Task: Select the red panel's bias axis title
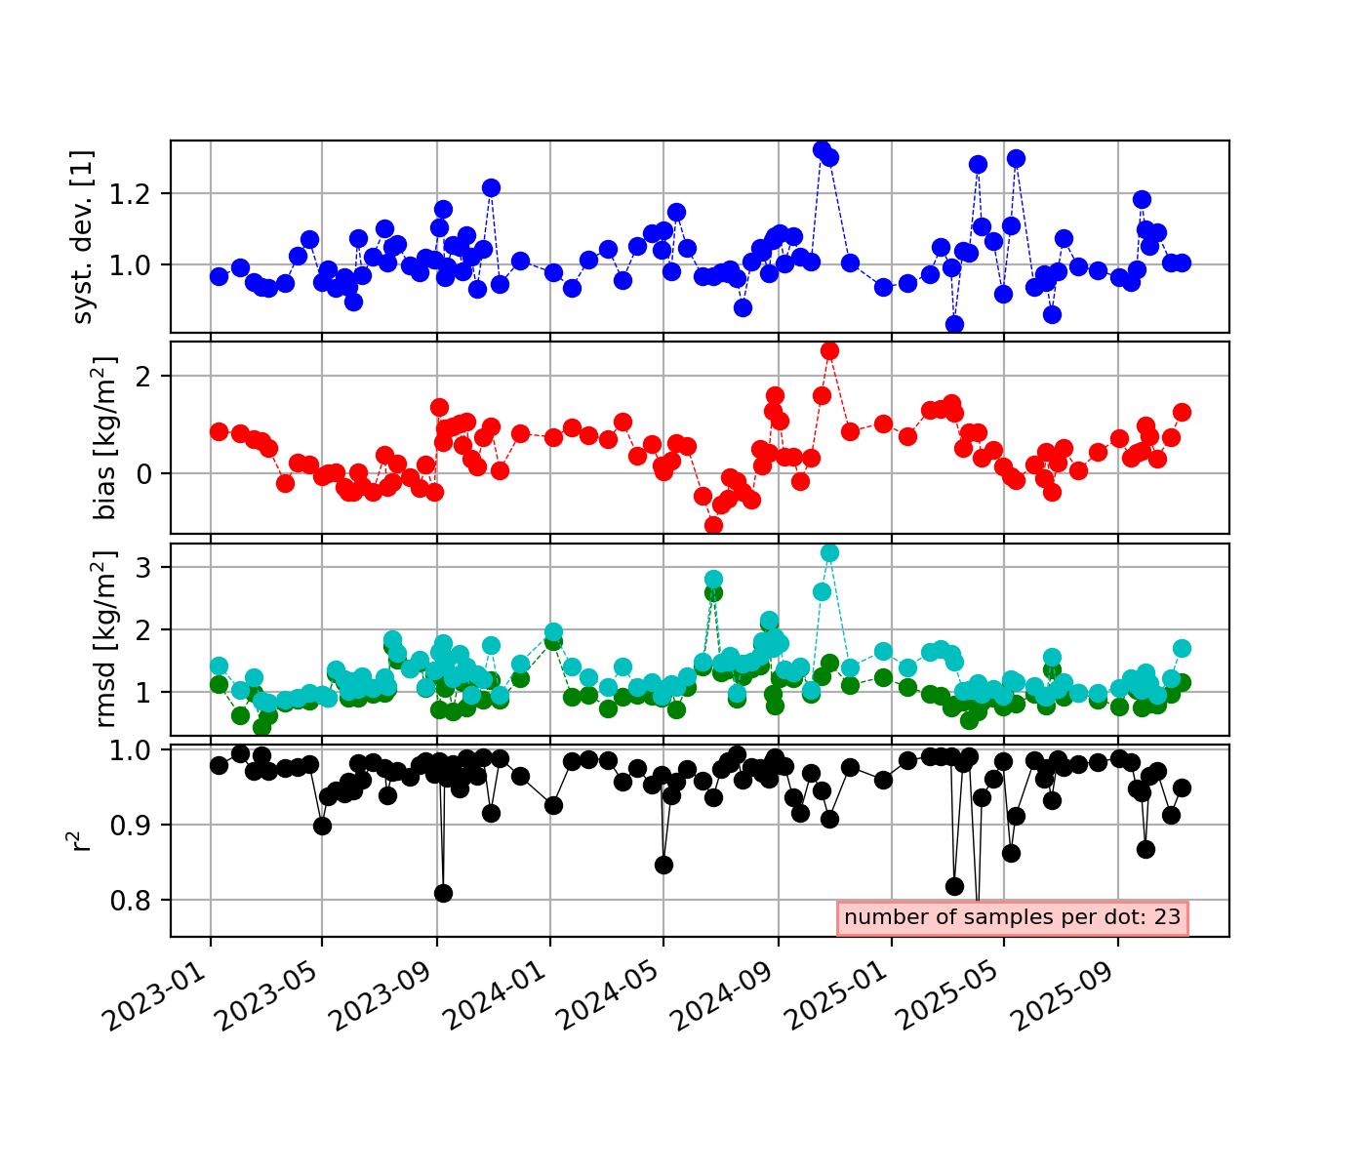coord(105,437)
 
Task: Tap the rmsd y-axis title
coord(105,639)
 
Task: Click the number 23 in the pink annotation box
coord(1168,917)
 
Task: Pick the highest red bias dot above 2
coord(829,350)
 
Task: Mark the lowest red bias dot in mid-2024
coord(713,525)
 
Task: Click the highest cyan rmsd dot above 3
coord(829,552)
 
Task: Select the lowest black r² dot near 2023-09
coord(443,893)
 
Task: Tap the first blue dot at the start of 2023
coord(219,276)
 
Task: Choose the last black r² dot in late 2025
coord(1182,787)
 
